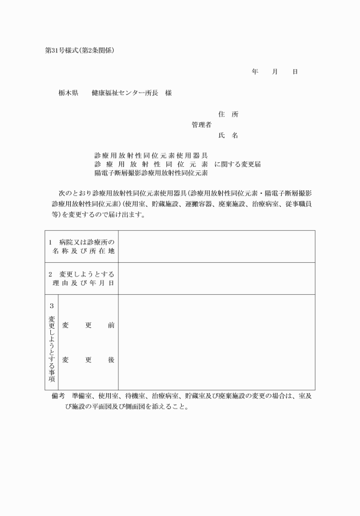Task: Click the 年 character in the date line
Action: [x=255, y=72]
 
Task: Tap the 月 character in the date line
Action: [x=275, y=72]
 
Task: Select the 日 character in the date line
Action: [x=294, y=72]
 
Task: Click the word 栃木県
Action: [x=68, y=93]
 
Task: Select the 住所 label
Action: [x=228, y=114]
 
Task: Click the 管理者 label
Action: [x=202, y=125]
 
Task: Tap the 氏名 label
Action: [x=228, y=135]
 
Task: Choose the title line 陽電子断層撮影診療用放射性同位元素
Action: [x=151, y=173]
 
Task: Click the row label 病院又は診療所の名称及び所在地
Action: [x=82, y=246]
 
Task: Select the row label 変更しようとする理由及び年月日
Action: [x=82, y=278]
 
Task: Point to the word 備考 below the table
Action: [x=59, y=395]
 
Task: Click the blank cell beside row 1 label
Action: [x=216, y=246]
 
